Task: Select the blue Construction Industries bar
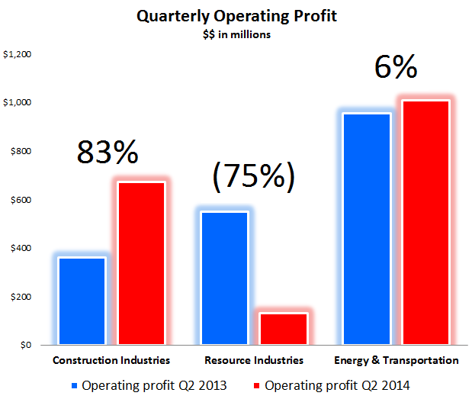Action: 82,301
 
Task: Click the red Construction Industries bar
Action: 140,263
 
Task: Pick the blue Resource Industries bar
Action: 225,278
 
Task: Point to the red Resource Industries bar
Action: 283,329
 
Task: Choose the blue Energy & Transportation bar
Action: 368,229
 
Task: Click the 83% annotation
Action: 108,153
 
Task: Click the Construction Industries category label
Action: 111,360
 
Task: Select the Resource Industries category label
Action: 254,360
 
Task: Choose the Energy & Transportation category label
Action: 397,360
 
